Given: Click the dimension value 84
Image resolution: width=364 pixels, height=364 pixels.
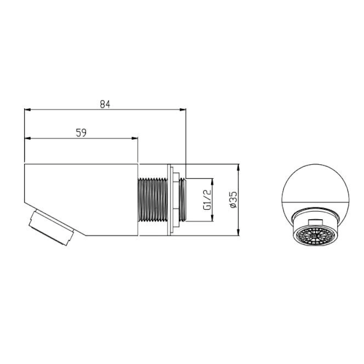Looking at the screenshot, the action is click(x=105, y=104).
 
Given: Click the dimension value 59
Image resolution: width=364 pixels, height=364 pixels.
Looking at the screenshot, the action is click(x=81, y=133).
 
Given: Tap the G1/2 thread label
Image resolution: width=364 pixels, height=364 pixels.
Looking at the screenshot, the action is click(x=207, y=200).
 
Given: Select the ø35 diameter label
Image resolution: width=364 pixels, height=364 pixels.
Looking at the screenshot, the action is click(x=233, y=199).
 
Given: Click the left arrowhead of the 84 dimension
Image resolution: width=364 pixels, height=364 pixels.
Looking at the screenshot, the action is click(x=28, y=110).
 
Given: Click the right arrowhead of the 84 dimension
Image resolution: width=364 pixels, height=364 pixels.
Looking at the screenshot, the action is click(x=183, y=110).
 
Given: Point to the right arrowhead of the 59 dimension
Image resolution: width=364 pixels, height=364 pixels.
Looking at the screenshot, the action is click(x=135, y=138).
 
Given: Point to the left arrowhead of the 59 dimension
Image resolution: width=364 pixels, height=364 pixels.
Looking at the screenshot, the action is click(x=28, y=138).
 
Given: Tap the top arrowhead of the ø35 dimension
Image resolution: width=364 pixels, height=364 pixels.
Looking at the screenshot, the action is click(x=238, y=167).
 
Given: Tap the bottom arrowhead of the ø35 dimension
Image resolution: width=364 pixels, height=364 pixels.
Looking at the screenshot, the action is click(x=238, y=233).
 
